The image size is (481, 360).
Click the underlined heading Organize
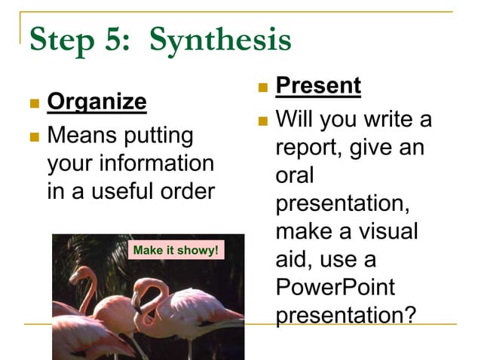97,101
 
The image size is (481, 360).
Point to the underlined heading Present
318,86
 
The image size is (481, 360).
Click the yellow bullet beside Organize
33,102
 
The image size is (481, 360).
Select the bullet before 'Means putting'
33,138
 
